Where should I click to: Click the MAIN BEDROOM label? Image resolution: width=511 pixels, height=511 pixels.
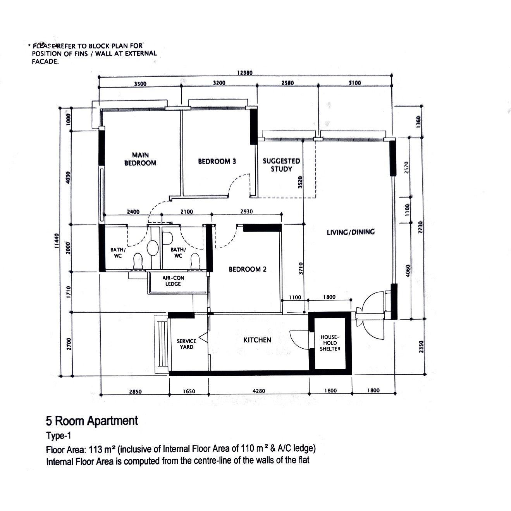(140, 159)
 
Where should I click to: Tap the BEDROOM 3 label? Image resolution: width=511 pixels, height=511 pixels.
(217, 161)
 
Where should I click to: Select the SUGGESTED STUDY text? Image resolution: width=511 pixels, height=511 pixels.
(281, 165)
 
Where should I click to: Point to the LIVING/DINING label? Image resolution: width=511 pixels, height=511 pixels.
(351, 232)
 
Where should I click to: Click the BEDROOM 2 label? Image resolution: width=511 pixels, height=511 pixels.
(248, 269)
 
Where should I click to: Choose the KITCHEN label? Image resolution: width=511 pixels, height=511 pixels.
(257, 340)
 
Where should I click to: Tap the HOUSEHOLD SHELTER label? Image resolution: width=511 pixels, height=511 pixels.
(330, 343)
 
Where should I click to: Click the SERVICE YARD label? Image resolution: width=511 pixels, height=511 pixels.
(186, 344)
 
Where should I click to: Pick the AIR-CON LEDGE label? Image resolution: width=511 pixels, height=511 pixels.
(173, 281)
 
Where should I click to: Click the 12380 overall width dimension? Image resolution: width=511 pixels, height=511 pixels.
(245, 73)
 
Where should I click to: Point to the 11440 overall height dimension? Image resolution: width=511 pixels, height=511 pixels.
(56, 241)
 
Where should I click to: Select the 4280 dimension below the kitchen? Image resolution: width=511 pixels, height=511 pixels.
(259, 391)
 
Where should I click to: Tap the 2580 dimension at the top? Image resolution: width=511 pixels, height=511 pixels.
(287, 83)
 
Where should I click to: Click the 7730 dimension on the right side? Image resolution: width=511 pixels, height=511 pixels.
(420, 227)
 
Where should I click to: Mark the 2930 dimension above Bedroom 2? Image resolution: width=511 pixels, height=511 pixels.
(246, 212)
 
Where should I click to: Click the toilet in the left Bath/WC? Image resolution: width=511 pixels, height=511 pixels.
(138, 261)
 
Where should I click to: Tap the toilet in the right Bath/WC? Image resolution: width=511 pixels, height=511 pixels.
(195, 261)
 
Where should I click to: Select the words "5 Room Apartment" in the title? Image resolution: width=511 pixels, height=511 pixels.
(92, 421)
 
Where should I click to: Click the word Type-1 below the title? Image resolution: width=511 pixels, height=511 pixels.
(58, 436)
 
